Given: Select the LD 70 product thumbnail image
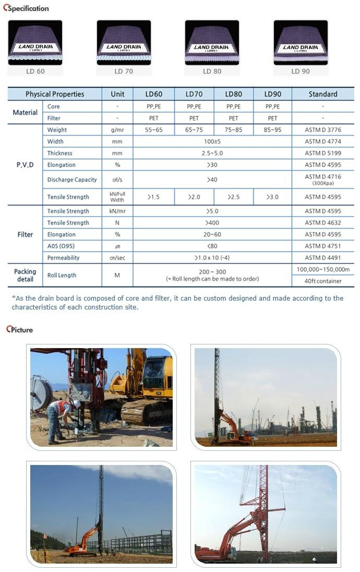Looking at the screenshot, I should pos(124,43).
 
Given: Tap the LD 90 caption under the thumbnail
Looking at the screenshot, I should pos(300,71).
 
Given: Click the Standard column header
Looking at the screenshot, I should pos(322,94).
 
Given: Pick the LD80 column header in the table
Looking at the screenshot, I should pos(233,94).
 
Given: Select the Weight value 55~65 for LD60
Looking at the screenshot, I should pos(153,130).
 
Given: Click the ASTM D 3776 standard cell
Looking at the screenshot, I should pos(322,130).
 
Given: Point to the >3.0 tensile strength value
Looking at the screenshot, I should pos(272,197).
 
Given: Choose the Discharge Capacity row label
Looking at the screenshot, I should pos(72,180).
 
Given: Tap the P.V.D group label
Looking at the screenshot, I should pos(25,164).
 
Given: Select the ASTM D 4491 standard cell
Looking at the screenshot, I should pos(322,257).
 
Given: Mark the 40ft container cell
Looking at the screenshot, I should pos(322,281).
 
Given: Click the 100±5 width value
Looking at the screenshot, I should pos(212,141).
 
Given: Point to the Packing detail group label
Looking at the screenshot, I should pos(25,275).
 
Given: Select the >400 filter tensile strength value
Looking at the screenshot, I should pos(212,223).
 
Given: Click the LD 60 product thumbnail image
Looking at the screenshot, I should pos(35,43).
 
